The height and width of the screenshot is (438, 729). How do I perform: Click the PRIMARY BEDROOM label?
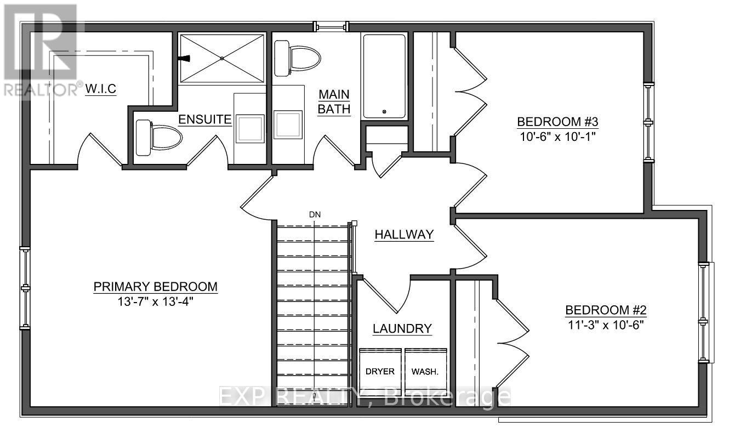tap(155, 287)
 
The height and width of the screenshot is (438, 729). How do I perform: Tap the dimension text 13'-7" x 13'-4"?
tap(155, 302)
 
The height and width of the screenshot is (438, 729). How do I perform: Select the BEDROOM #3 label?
tap(556, 121)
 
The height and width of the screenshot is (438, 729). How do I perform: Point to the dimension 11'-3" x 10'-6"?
tap(606, 324)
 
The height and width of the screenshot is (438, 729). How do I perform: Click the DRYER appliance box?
tap(380, 371)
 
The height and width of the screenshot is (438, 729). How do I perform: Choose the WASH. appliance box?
tap(425, 371)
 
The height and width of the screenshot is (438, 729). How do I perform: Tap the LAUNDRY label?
tap(402, 329)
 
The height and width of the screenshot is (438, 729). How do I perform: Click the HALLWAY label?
tap(404, 235)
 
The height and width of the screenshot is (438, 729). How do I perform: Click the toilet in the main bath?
tap(297, 59)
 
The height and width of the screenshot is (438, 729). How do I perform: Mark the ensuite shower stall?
tap(221, 58)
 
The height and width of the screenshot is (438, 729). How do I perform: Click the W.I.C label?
tap(100, 89)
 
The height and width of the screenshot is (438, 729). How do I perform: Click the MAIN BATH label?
tap(335, 101)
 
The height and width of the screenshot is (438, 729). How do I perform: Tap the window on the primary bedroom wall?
tap(25, 288)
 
